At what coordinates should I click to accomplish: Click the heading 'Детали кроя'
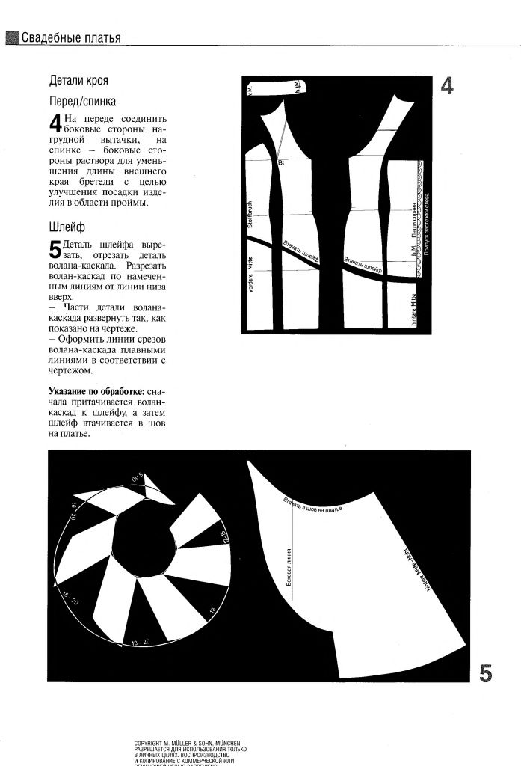pyautogui.click(x=83, y=80)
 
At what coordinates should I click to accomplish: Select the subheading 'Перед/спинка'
pyautogui.click(x=82, y=101)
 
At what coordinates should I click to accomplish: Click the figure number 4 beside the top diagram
pyautogui.click(x=446, y=87)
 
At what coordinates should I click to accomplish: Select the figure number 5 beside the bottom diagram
pyautogui.click(x=485, y=673)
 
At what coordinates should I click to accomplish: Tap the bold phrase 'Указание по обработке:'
pyautogui.click(x=96, y=391)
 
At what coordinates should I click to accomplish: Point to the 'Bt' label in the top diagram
pyautogui.click(x=282, y=162)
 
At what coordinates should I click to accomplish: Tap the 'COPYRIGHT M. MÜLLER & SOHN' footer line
pyautogui.click(x=186, y=743)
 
